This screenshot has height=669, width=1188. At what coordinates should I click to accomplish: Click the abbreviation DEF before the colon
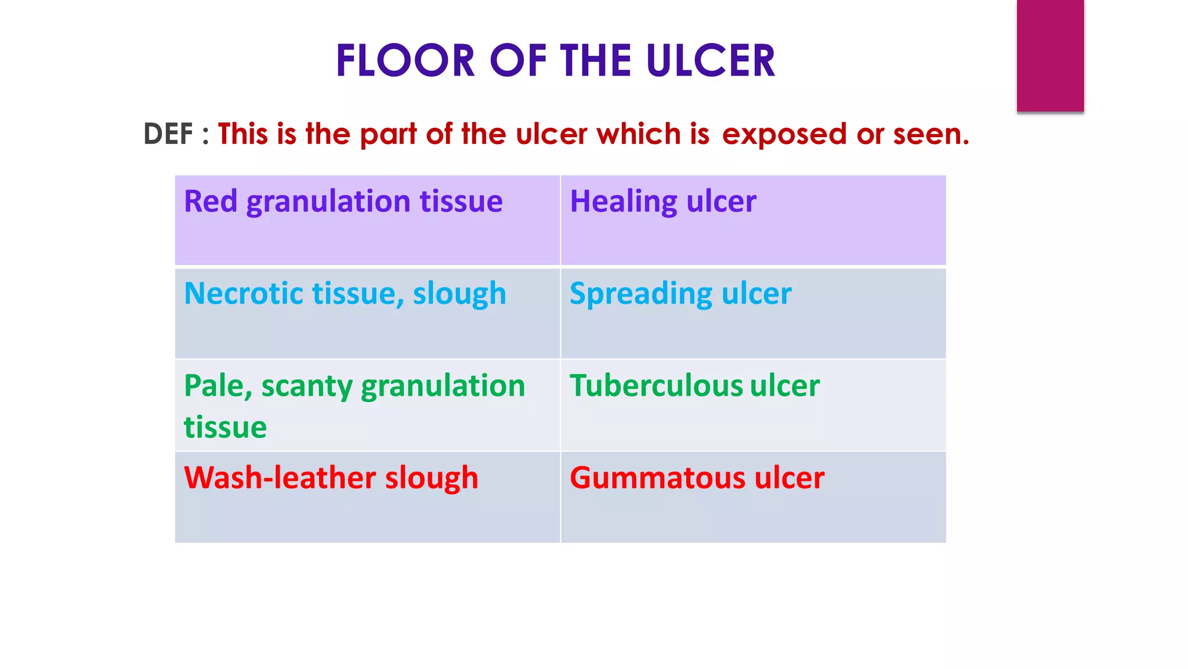coord(168,134)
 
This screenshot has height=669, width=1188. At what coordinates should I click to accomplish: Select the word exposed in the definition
coord(784,135)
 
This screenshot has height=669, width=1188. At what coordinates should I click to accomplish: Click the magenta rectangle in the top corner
coord(1050,55)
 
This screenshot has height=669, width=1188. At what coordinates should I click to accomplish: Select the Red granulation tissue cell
coord(367,220)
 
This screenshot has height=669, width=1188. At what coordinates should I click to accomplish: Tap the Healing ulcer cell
coord(753,220)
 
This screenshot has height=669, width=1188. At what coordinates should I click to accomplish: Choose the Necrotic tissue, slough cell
coord(367,312)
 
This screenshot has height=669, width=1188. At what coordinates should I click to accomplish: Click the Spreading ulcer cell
coord(753,312)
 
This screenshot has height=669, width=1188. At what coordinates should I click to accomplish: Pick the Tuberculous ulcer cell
coord(753,405)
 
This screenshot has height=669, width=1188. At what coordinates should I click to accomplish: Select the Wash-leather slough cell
coord(367,497)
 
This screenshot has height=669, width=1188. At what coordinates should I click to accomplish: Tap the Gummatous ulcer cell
coord(753,497)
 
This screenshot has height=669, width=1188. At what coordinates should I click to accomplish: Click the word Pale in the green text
coord(217,386)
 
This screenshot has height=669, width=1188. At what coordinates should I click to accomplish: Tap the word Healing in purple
coord(623,202)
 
